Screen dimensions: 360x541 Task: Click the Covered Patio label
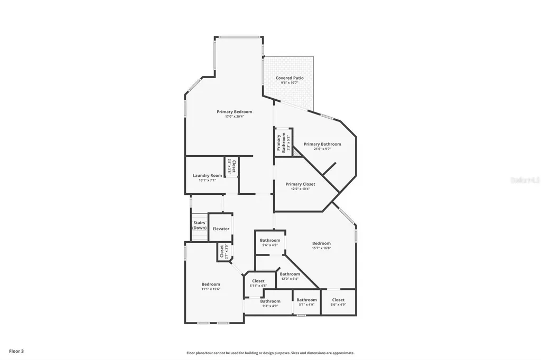pyautogui.click(x=290, y=78)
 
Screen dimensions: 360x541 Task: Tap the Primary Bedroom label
pyautogui.click(x=234, y=112)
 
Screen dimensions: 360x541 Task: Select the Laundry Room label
pyautogui.click(x=207, y=176)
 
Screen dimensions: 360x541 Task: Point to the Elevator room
pyautogui.click(x=221, y=229)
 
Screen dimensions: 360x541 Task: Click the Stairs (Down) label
pyautogui.click(x=199, y=225)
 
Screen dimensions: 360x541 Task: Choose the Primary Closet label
pyautogui.click(x=300, y=184)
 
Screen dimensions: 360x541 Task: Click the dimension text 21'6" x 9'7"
pyautogui.click(x=322, y=149)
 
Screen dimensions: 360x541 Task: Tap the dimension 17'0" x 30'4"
pyautogui.click(x=234, y=117)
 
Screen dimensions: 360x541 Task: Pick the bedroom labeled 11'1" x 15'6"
pyautogui.click(x=210, y=287)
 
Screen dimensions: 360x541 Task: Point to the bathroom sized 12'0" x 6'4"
pyautogui.click(x=290, y=276)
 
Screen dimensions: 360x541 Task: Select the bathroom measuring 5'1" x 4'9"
pyautogui.click(x=306, y=302)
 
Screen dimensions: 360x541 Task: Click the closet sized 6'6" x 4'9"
pyautogui.click(x=338, y=302)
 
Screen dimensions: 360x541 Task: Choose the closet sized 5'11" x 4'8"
pyautogui.click(x=258, y=283)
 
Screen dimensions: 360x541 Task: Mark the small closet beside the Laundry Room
pyautogui.click(x=231, y=167)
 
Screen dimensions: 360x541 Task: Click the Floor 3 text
pyautogui.click(x=16, y=350)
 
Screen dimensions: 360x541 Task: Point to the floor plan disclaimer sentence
pyautogui.click(x=270, y=353)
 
